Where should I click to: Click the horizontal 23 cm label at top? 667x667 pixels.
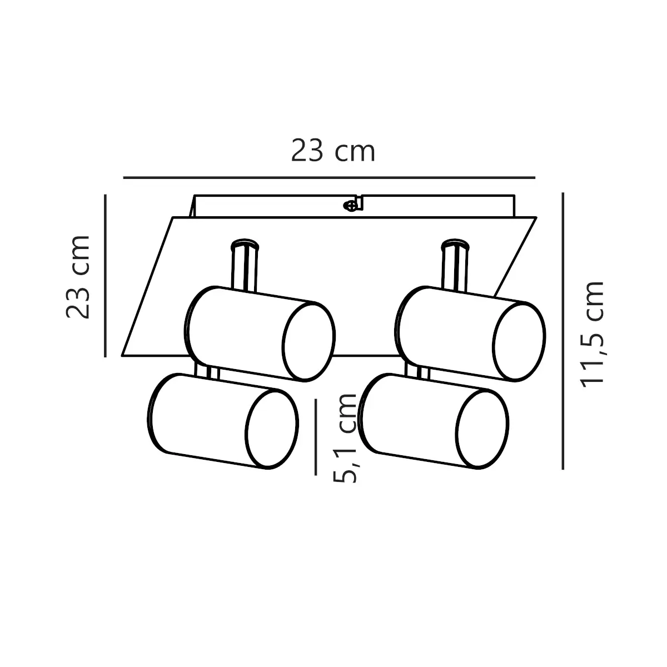pos(333,151)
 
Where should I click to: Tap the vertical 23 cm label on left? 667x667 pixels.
pos(78,277)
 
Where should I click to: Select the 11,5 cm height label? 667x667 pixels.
pos(592,334)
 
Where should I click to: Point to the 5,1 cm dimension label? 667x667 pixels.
pos(345,438)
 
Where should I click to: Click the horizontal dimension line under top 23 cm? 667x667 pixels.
pos(329,177)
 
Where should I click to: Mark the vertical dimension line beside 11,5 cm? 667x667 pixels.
pos(563,331)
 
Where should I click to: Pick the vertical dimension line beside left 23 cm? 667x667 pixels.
pos(105,276)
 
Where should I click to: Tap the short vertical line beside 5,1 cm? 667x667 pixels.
pos(316,437)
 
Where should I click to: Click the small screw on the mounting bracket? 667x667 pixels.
pos(350,206)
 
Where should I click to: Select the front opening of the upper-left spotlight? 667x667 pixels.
pos(308,342)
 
